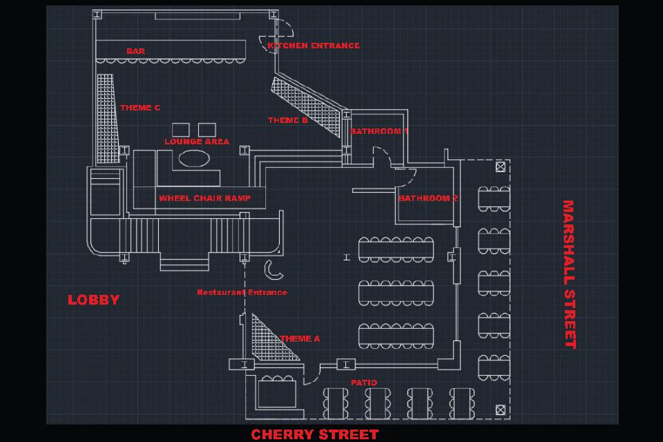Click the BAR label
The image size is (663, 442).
pos(135,51)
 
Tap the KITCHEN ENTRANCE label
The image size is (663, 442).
pos(314,46)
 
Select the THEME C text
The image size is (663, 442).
pos(140,108)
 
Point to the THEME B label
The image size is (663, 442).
pos(288,120)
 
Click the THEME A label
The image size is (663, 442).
pos(300,339)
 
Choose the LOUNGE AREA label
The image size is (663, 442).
pos(197,142)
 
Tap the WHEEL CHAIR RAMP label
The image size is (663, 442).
pos(204,198)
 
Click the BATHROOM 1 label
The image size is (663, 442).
pos(379,131)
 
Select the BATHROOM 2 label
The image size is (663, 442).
pos(428,198)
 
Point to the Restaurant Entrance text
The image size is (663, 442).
pos(242,292)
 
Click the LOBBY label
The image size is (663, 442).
pos(93,300)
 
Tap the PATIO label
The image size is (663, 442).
pos(364,383)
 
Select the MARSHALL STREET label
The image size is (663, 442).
pos(569,274)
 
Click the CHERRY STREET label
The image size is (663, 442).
pos(314,434)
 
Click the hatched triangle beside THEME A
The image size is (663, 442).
pos(270,341)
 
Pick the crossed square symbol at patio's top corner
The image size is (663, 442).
pos(500,166)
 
